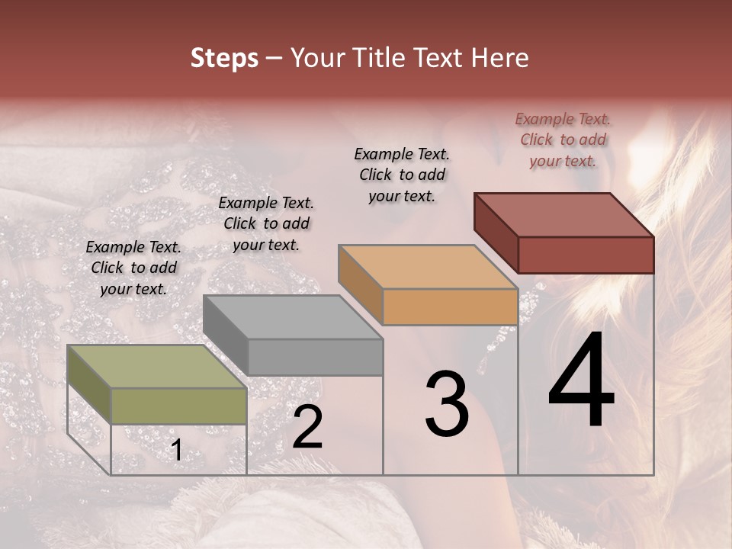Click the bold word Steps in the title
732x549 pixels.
point(224,58)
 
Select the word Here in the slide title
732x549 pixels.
point(499,58)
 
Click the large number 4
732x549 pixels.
point(581,381)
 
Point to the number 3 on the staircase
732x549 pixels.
point(447,404)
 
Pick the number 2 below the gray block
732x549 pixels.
point(307,428)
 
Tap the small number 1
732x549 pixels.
point(176,451)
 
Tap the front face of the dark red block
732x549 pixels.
point(586,255)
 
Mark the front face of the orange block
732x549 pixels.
point(450,307)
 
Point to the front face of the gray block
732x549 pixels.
point(315,357)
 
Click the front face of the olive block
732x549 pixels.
point(179,406)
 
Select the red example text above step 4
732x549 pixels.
point(563,140)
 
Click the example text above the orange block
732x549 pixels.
point(402,175)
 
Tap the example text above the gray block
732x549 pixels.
point(266,223)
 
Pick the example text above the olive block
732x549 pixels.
point(133,268)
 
